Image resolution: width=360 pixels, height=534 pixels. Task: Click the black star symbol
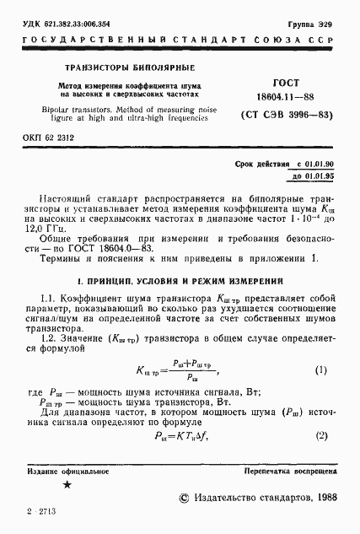point(67,488)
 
